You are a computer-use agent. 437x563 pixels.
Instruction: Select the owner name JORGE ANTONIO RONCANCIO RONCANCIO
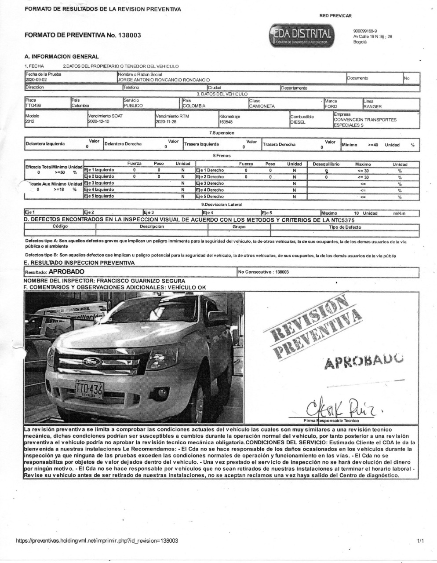164,80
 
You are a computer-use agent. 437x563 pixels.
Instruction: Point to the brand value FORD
331,106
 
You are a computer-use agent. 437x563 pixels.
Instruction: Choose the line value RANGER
372,106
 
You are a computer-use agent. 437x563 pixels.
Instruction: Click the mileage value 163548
226,122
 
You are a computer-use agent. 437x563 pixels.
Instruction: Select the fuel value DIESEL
298,122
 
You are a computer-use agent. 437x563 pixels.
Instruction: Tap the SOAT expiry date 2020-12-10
98,121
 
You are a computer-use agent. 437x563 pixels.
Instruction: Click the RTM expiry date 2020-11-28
166,121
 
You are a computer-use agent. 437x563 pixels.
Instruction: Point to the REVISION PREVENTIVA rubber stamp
316,326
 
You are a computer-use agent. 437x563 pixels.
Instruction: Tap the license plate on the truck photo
89,389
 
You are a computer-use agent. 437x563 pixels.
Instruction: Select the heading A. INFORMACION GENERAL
62,56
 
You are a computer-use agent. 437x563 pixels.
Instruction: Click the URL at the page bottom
97,541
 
